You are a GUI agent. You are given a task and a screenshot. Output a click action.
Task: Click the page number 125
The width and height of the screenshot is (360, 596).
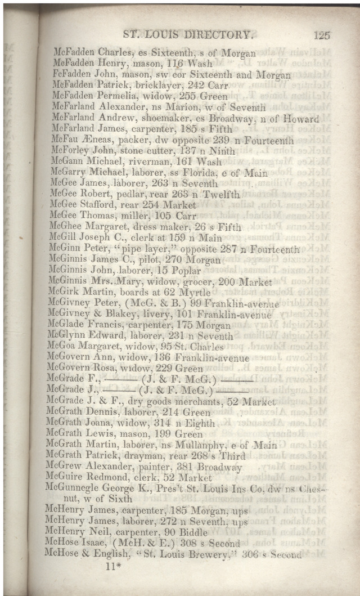322,35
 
